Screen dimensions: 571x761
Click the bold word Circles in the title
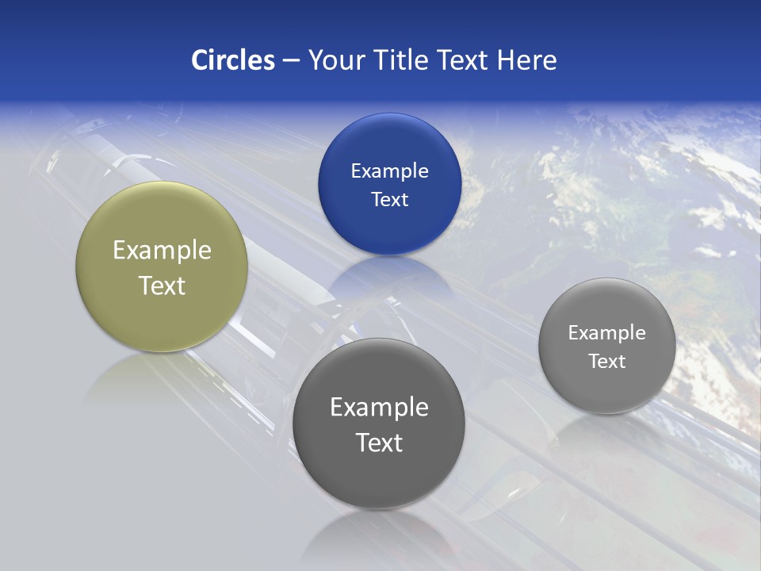tap(233, 60)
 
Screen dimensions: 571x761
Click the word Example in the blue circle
tap(389, 171)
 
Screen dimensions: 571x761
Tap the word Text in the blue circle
tap(389, 199)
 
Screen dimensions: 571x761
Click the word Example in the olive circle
tap(162, 250)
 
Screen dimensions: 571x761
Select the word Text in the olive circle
tap(162, 285)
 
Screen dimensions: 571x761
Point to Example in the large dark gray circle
tap(379, 407)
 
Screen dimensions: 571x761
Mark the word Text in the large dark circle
tap(379, 443)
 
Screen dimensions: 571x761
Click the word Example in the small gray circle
tap(607, 332)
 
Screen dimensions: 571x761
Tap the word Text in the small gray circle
tap(607, 361)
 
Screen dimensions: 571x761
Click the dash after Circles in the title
tap(290, 61)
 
